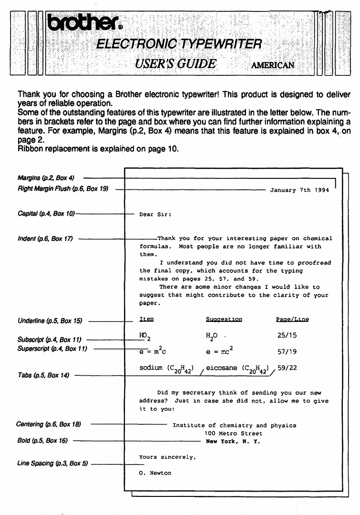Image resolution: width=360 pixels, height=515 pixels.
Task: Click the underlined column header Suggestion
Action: (224, 319)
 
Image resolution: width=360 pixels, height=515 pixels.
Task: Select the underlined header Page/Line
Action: (292, 319)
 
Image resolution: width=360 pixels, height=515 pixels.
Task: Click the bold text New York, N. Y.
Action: (233, 441)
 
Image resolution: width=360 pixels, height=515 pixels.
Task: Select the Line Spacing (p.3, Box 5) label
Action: (49, 463)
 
